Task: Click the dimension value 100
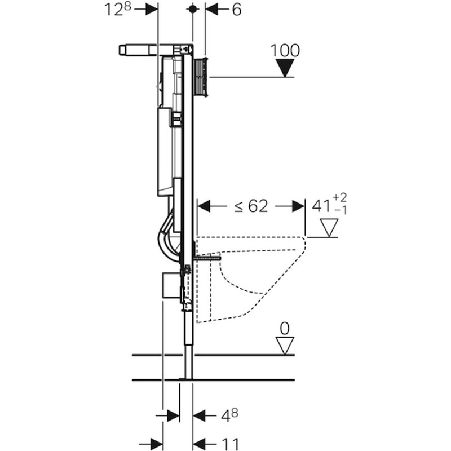(285, 50)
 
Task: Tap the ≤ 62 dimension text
(251, 206)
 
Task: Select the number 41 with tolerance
(329, 205)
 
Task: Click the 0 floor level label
(285, 329)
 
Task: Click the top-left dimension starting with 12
(117, 10)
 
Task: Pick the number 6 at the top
(236, 10)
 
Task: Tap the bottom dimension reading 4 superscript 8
(229, 415)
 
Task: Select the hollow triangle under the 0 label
(285, 346)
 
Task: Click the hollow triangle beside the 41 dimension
(329, 228)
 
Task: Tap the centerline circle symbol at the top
(192, 9)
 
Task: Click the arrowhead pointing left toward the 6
(212, 10)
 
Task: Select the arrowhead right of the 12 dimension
(152, 10)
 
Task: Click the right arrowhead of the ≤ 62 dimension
(298, 206)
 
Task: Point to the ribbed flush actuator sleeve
(201, 77)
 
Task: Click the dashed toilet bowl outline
(250, 279)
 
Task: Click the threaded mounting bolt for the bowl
(207, 259)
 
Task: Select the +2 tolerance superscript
(340, 198)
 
